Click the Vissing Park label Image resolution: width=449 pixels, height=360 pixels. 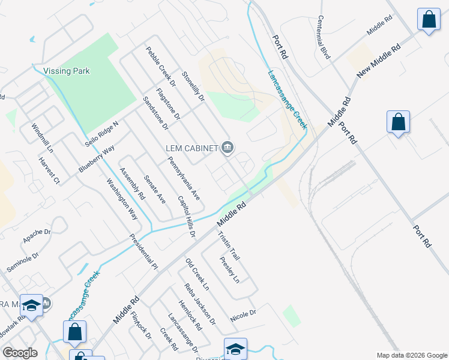click(x=67, y=71)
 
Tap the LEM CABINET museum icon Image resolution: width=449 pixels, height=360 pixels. click(x=228, y=147)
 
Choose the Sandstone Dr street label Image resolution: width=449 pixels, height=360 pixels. click(x=155, y=113)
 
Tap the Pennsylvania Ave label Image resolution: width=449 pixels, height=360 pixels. click(x=184, y=178)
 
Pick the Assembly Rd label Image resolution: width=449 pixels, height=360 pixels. click(x=132, y=184)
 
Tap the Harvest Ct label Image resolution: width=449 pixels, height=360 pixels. click(x=49, y=170)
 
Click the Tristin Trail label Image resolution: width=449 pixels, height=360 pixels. click(x=229, y=245)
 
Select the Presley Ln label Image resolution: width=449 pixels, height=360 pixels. click(x=229, y=269)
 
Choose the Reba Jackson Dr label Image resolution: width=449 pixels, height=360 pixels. click(x=200, y=304)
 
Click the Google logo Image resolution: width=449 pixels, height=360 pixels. click(x=20, y=353)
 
